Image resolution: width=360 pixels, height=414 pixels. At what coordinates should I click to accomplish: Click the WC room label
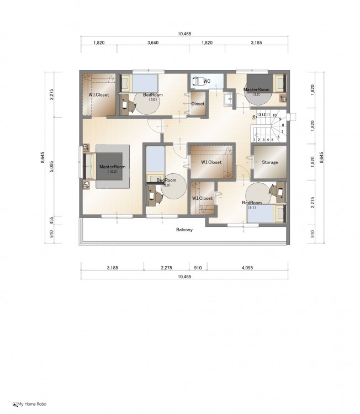click(207, 81)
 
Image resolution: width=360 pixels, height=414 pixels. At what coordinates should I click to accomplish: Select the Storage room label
click(269, 162)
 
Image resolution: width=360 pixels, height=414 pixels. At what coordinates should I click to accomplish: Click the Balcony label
click(184, 230)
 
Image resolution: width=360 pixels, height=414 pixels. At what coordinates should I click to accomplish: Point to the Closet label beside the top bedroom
click(198, 104)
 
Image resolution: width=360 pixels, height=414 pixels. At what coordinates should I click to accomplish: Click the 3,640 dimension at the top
click(153, 43)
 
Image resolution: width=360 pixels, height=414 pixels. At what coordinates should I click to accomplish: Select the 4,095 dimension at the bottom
click(247, 268)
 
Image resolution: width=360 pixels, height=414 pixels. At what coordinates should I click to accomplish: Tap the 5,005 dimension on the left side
click(52, 167)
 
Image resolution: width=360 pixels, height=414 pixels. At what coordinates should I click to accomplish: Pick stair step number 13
click(259, 115)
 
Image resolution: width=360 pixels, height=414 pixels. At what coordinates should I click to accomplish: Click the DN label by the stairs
click(254, 117)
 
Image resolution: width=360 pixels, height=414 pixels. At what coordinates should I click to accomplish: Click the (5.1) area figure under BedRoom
click(251, 208)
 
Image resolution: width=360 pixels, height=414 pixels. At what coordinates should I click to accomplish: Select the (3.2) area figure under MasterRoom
click(256, 94)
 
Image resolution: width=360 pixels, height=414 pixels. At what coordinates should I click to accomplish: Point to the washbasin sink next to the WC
click(227, 99)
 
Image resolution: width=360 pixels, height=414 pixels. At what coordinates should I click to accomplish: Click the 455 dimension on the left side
click(52, 220)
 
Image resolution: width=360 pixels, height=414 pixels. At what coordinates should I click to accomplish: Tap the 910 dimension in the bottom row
click(198, 268)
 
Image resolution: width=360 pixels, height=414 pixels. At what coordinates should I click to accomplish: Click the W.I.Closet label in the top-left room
click(98, 95)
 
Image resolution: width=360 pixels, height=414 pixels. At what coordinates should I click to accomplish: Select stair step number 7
click(282, 131)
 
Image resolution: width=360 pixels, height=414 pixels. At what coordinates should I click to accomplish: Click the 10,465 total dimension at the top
click(184, 34)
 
